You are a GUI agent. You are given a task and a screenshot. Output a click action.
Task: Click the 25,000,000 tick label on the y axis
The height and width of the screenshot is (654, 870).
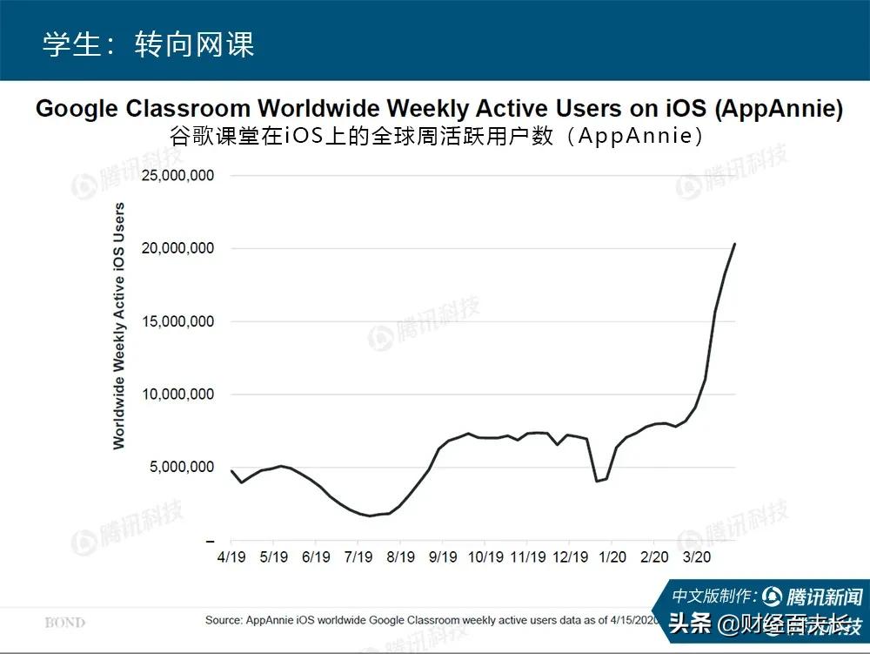coord(177,175)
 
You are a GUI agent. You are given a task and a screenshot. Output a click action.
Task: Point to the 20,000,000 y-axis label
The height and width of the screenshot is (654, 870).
coord(177,248)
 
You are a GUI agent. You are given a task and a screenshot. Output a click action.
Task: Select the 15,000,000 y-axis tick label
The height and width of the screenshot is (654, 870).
coord(177,321)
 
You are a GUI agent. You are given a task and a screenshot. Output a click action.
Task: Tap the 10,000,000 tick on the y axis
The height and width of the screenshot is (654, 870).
coord(177,394)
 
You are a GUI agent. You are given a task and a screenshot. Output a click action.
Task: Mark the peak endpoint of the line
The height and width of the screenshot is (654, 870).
coord(735,244)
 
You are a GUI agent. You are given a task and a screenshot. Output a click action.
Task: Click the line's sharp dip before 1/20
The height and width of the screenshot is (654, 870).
coord(597,481)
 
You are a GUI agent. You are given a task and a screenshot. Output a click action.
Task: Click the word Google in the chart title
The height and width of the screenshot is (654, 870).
coord(77,110)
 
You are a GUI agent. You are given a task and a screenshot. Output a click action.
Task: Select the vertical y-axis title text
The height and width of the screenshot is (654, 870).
coord(119,326)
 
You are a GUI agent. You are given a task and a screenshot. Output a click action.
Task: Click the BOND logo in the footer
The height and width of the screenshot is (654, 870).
coord(65,622)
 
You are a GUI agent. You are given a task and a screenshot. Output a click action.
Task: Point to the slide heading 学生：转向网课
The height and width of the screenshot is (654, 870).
coord(149,44)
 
